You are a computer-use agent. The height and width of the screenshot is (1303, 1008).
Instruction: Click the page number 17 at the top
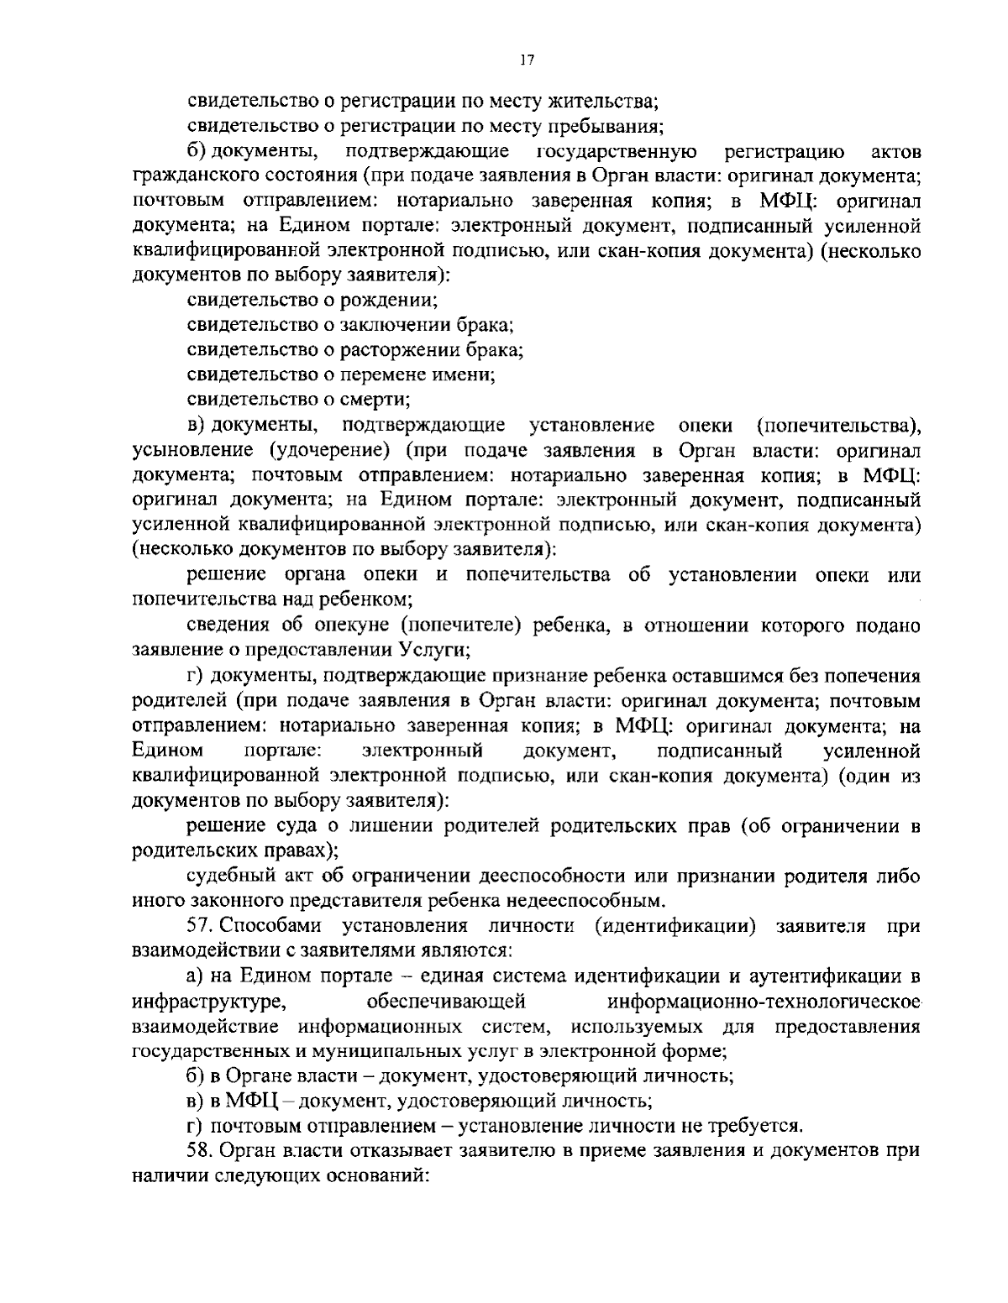click(x=527, y=60)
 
